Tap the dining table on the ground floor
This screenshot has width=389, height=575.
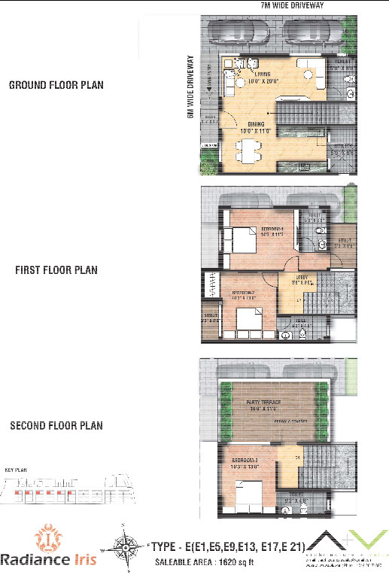[247, 153]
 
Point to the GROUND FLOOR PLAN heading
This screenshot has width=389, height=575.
[56, 85]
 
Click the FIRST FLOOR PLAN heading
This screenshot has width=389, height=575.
[56, 269]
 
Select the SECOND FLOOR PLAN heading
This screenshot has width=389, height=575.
[56, 426]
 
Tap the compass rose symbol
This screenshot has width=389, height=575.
[129, 546]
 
